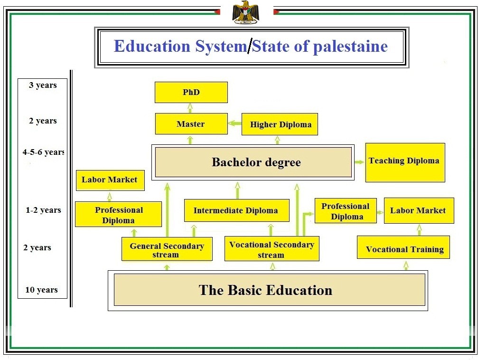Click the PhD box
(191, 92)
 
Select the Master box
(191, 124)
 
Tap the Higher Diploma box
(280, 124)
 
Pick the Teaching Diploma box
(405, 162)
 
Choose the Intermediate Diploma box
(236, 210)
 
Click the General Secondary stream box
(167, 249)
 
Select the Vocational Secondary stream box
(272, 249)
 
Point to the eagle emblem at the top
(245, 12)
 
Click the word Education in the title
(152, 46)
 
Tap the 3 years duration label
(43, 85)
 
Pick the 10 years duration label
(42, 290)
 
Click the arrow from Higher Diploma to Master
(234, 123)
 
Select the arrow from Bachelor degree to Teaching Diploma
(359, 162)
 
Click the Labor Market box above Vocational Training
(418, 210)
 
